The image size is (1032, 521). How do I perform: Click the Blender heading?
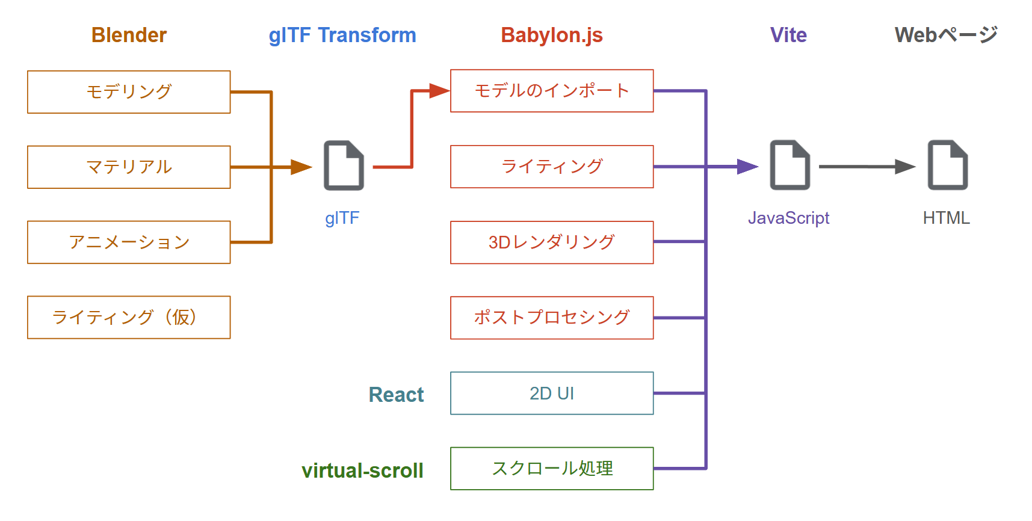click(129, 35)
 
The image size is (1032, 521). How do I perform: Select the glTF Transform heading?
click(342, 35)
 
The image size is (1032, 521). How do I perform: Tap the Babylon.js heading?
click(552, 35)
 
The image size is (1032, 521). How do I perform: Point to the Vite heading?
click(788, 35)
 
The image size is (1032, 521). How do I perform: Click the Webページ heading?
click(946, 35)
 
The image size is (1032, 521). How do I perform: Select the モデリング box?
click(129, 92)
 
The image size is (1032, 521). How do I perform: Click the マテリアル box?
click(129, 167)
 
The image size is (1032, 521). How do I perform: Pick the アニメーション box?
click(129, 242)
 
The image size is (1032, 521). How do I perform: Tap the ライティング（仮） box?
click(129, 317)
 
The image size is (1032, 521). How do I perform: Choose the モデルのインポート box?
click(552, 91)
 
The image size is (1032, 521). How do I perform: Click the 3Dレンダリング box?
click(552, 242)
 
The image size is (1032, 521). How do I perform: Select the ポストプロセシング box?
click(552, 318)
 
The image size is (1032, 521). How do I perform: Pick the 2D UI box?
click(552, 393)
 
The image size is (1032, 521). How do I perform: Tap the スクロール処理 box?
click(552, 469)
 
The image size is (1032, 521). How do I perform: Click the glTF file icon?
click(344, 165)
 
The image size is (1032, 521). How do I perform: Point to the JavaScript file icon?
click(790, 165)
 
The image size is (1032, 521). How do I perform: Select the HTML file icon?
click(948, 165)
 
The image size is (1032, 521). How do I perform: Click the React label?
click(396, 395)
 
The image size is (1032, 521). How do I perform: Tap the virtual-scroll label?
click(362, 470)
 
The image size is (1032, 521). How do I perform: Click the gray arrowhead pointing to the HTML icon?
click(906, 167)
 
